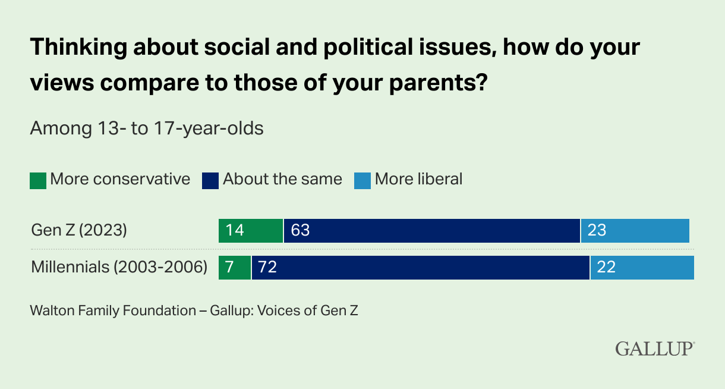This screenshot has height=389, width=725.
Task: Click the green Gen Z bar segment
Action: [x=251, y=230]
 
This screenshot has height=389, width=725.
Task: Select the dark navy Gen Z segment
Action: [x=431, y=230]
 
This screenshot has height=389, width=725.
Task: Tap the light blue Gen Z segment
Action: [x=635, y=230]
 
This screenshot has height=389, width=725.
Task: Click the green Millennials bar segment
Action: [x=235, y=268]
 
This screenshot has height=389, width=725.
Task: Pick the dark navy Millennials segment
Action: [x=421, y=268]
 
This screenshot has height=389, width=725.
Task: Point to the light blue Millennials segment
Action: [x=642, y=268]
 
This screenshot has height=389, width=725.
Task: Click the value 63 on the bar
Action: [x=301, y=230]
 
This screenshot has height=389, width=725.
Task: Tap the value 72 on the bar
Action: [x=268, y=268]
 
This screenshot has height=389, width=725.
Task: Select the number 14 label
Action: [x=235, y=230]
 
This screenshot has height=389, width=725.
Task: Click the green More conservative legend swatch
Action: [x=37, y=180]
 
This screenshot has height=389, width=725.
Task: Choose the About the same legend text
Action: [x=282, y=179]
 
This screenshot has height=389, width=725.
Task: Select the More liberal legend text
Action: [x=418, y=179]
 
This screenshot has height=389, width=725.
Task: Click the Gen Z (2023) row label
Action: [x=79, y=230]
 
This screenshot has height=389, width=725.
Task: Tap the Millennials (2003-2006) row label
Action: [x=119, y=268]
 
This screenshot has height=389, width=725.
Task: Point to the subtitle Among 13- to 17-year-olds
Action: [x=147, y=128]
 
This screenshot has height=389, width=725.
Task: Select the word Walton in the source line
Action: [x=52, y=310]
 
